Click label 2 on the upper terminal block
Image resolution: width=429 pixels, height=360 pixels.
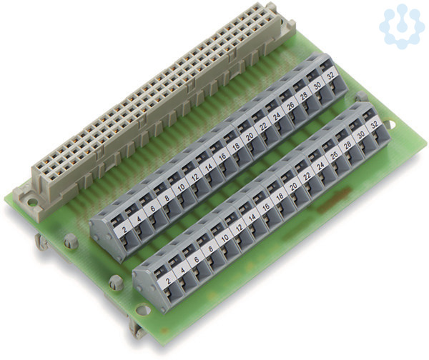[125, 229]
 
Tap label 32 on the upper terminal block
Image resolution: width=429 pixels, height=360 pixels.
[331, 76]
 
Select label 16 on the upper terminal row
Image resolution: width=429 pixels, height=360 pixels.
[222, 156]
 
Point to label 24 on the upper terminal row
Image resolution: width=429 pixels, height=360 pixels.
[277, 116]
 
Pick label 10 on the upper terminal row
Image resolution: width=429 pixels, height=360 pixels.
[181, 187]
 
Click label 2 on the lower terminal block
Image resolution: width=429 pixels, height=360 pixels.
[168, 281]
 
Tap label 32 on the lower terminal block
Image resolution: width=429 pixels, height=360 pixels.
[374, 125]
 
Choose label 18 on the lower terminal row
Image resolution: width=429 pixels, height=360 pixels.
[280, 197]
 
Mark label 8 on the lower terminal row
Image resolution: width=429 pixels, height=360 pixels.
[211, 249]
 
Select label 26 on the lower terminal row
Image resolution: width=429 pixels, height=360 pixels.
[334, 156]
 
